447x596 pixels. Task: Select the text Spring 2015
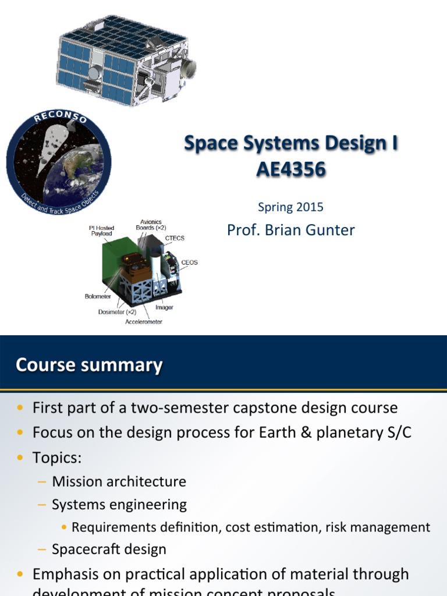(x=290, y=207)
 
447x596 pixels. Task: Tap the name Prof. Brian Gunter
(x=290, y=230)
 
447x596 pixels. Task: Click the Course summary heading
(x=89, y=365)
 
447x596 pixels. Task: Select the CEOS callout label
(x=189, y=262)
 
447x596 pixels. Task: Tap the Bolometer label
(x=98, y=296)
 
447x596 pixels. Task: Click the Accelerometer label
(x=144, y=321)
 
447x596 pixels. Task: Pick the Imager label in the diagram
(x=164, y=307)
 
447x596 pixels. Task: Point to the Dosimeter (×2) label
(x=117, y=311)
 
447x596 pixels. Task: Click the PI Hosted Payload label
(x=101, y=230)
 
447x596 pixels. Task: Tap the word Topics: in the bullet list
(x=57, y=458)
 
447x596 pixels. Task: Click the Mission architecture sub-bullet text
(x=119, y=481)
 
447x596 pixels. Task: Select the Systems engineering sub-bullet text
(x=119, y=505)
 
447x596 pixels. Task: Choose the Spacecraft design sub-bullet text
(x=109, y=549)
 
